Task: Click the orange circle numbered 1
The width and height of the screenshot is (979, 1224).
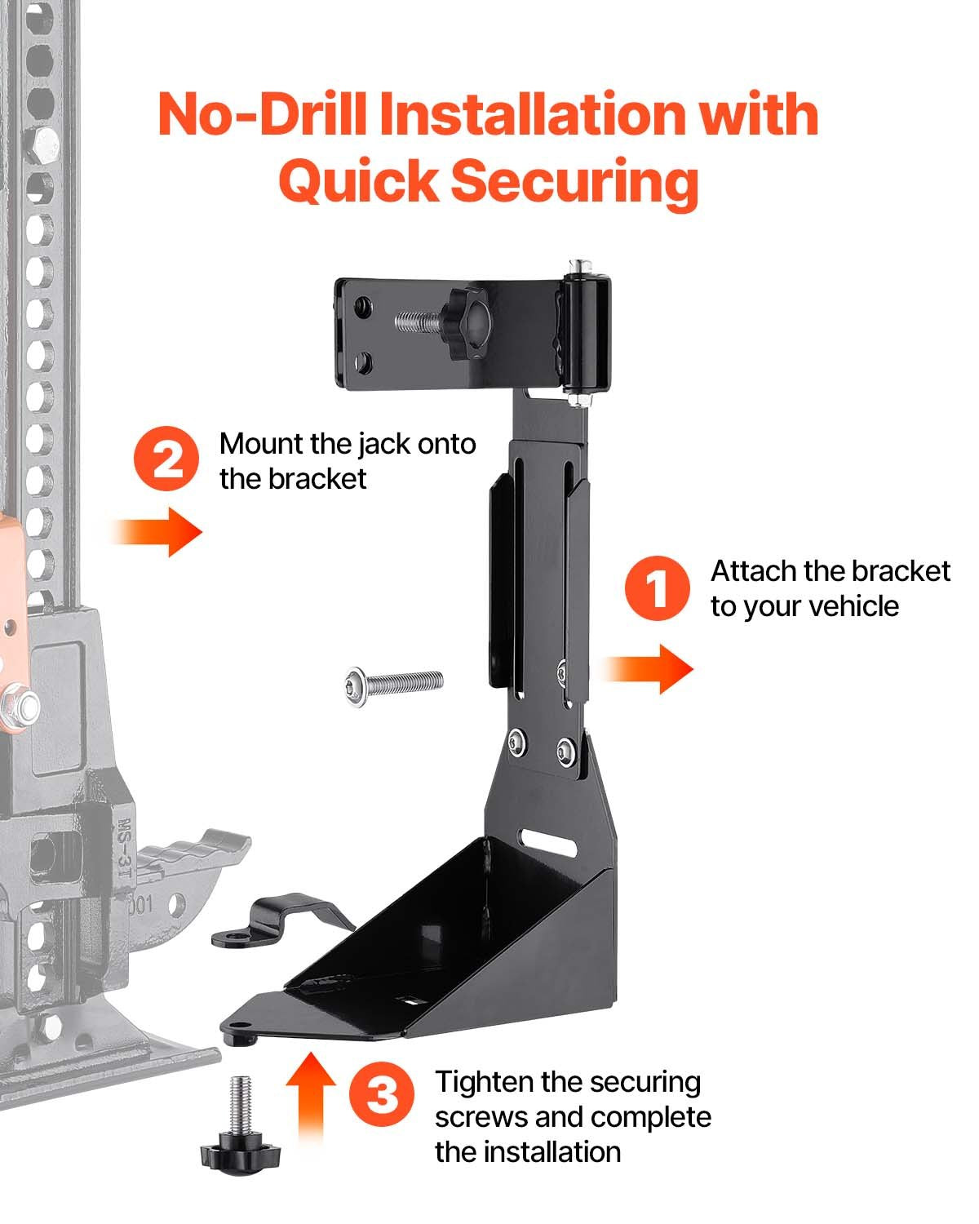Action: (657, 588)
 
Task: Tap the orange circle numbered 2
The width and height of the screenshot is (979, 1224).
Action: (166, 461)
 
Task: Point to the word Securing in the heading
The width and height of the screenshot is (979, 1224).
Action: (574, 181)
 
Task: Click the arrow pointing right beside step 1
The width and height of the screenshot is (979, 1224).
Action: (649, 668)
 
